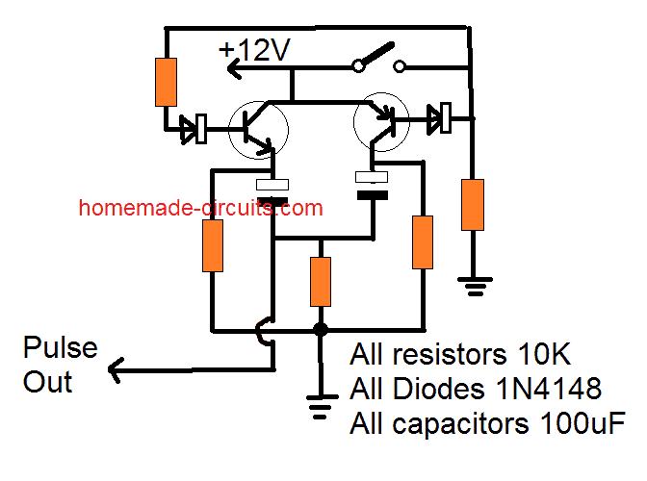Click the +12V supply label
pyautogui.click(x=254, y=50)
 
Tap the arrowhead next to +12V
pyautogui.click(x=234, y=67)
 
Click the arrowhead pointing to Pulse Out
pyautogui.click(x=116, y=369)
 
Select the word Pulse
pyautogui.click(x=61, y=347)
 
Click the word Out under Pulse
pyautogui.click(x=47, y=382)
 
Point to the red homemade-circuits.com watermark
pyautogui.click(x=200, y=208)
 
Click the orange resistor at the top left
pyautogui.click(x=166, y=82)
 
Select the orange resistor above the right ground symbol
pyautogui.click(x=473, y=205)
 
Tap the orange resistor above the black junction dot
pyautogui.click(x=321, y=282)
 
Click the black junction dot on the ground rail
pyautogui.click(x=321, y=330)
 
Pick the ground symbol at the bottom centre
pyautogui.click(x=321, y=407)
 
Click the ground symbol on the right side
pyautogui.click(x=475, y=287)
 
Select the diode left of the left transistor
pyautogui.click(x=194, y=129)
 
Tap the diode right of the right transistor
pyautogui.click(x=439, y=118)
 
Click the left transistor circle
pyautogui.click(x=259, y=130)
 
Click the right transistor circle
pyautogui.click(x=381, y=122)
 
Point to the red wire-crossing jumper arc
pyautogui.click(x=259, y=331)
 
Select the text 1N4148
pyautogui.click(x=549, y=389)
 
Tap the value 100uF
pyautogui.click(x=582, y=423)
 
